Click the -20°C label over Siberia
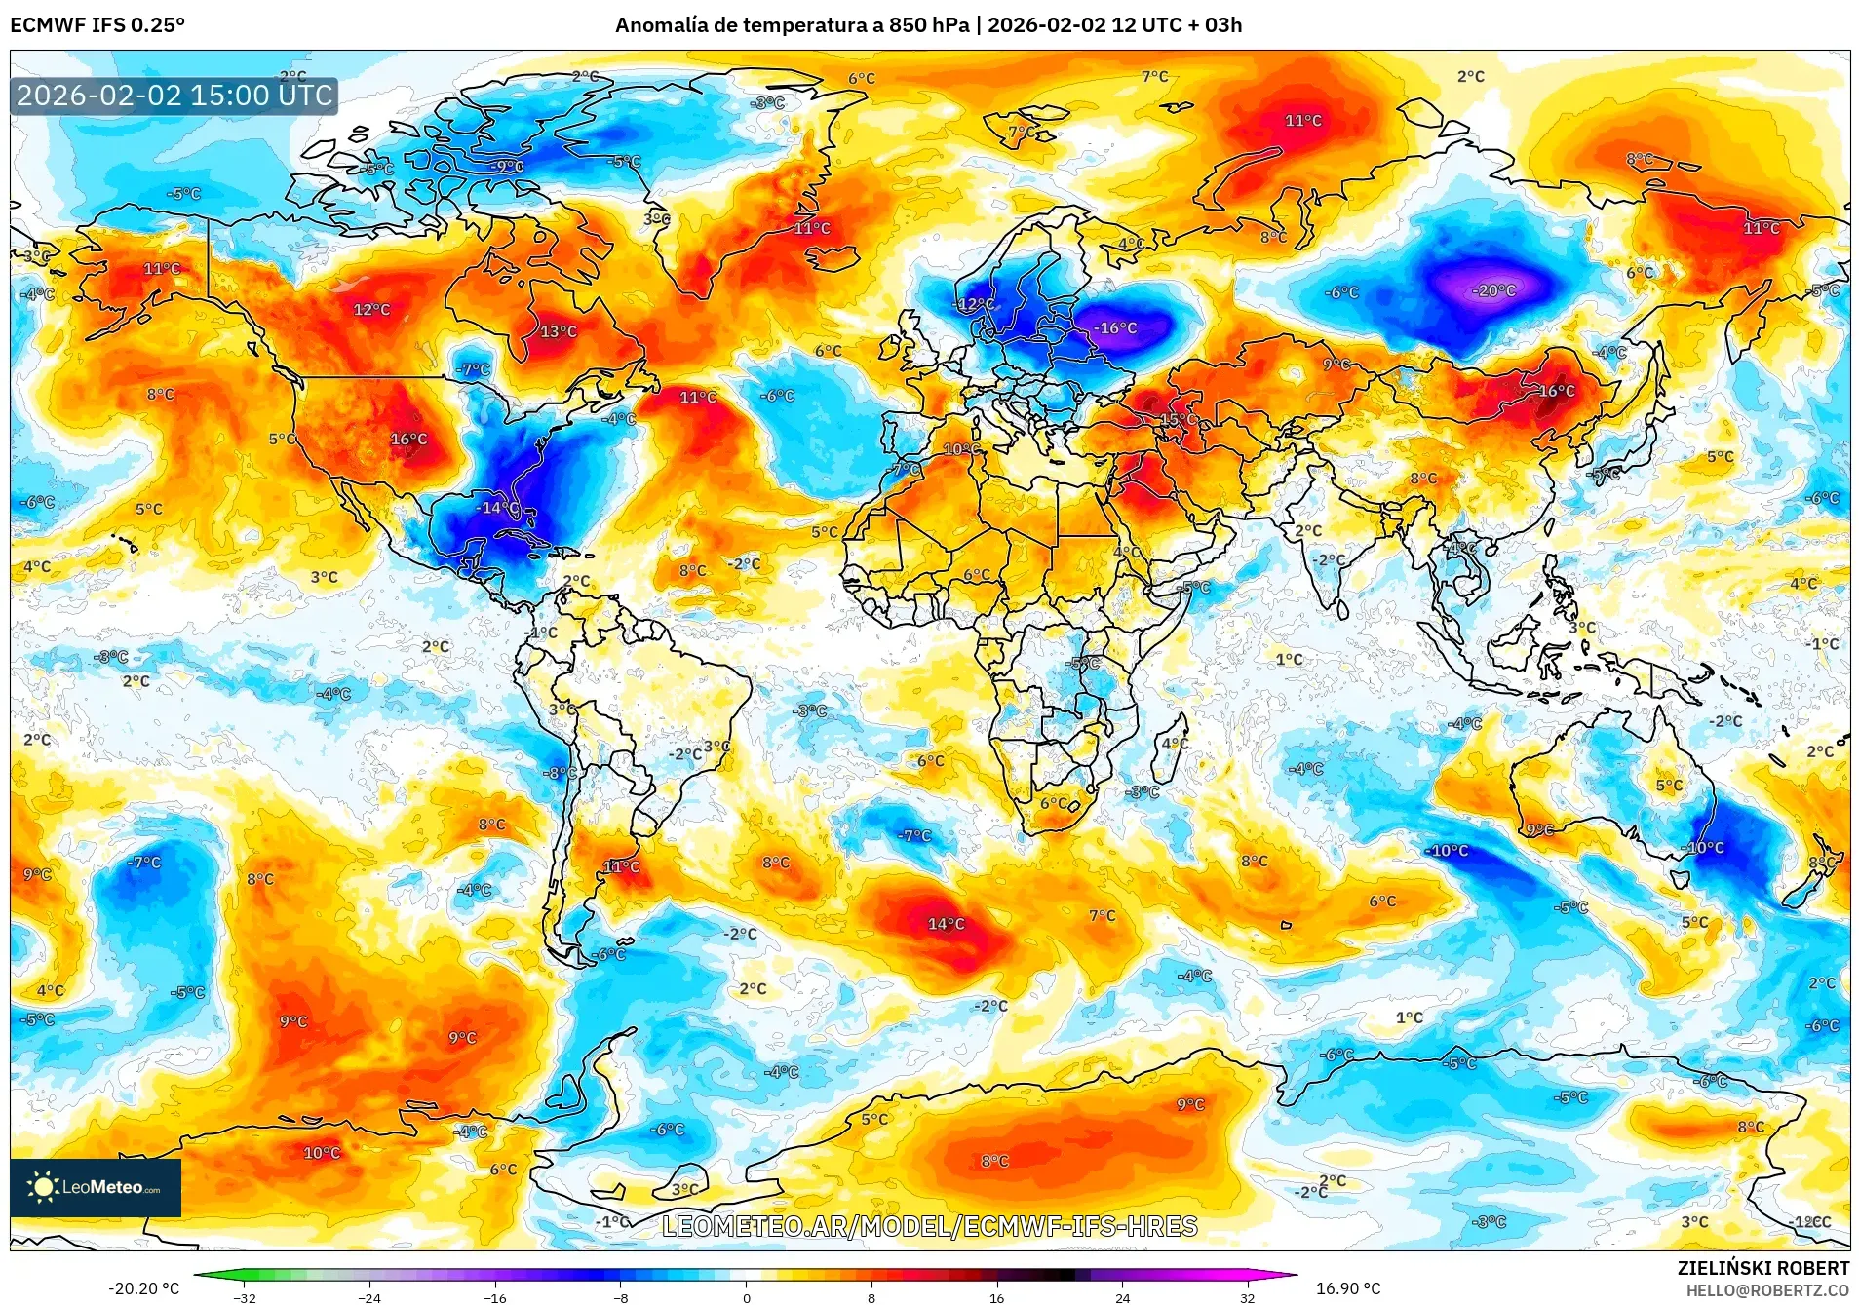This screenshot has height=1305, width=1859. point(1494,290)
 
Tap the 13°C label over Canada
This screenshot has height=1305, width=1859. point(559,331)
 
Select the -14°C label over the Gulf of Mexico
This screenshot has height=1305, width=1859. point(498,507)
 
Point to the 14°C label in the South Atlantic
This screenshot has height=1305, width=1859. point(946,923)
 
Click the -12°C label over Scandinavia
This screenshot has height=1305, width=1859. point(974,304)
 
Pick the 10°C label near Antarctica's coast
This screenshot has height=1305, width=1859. point(322,1153)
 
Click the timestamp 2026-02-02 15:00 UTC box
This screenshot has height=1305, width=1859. point(174,96)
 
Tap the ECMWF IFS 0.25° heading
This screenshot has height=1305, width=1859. point(97,25)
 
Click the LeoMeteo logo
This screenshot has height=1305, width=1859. point(95,1187)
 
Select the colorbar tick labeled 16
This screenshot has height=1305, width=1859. point(996,1297)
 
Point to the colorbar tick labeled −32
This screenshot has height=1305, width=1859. point(245,1297)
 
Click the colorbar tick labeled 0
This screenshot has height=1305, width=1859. point(747,1297)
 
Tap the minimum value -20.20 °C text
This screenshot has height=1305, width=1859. point(144,1288)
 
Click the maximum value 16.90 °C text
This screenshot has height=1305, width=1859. point(1348,1288)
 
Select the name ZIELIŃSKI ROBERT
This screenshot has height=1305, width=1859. point(1762,1268)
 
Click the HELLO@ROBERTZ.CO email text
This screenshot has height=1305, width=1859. point(1767,1290)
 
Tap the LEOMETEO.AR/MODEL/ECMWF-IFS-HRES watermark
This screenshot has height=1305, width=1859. point(929,1226)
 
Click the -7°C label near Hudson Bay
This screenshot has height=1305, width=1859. point(474,369)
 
